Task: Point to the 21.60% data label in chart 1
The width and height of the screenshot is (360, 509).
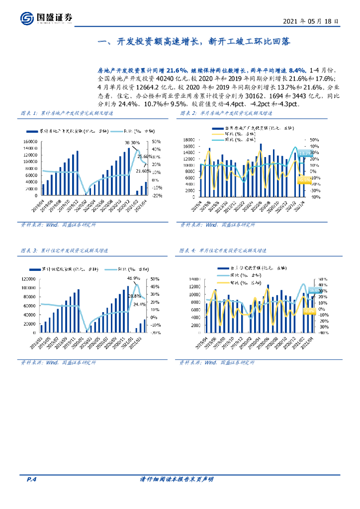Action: pyautogui.click(x=143, y=171)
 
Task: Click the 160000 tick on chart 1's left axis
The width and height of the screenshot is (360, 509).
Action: pyautogui.click(x=31, y=142)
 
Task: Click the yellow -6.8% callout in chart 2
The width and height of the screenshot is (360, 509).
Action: pyautogui.click(x=303, y=180)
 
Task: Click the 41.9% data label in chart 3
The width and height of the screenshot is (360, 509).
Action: pyautogui.click(x=133, y=278)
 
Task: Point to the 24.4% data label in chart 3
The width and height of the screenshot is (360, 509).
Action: pyautogui.click(x=140, y=304)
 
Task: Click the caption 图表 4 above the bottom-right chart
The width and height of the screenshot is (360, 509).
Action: pyautogui.click(x=187, y=250)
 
